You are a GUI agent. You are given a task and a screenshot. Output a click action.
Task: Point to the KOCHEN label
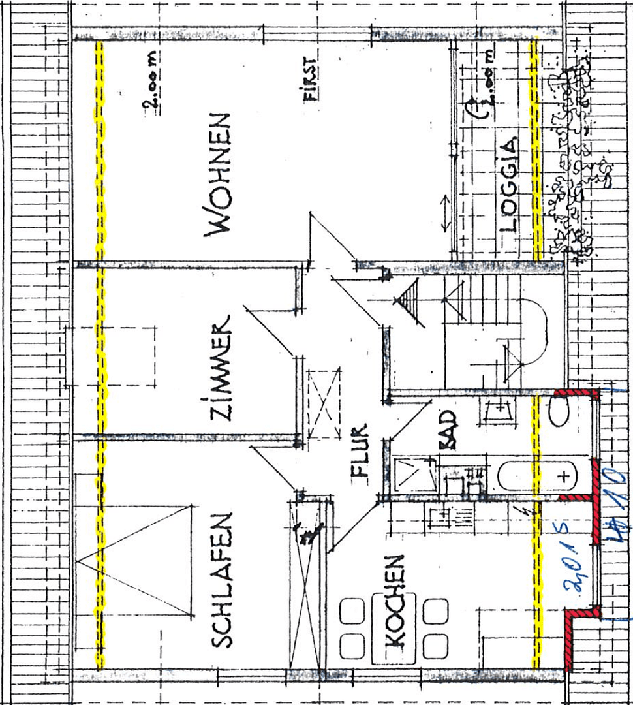pyautogui.click(x=395, y=601)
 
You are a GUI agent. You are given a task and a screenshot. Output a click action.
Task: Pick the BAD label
pyautogui.click(x=449, y=435)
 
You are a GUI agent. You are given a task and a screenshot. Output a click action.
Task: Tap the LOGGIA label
pyautogui.click(x=510, y=185)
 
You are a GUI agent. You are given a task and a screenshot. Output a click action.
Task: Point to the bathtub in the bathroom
pyautogui.click(x=535, y=476)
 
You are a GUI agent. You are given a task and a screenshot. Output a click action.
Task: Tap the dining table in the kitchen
pyautogui.click(x=394, y=627)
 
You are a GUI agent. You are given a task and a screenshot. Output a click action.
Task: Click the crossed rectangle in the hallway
pyautogui.click(x=324, y=403)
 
